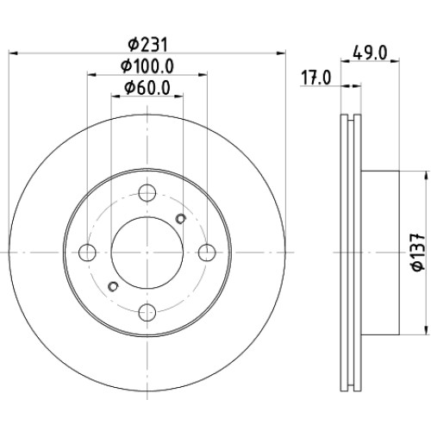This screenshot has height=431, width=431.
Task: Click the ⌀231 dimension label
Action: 147,45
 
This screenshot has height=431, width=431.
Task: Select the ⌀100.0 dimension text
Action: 147,66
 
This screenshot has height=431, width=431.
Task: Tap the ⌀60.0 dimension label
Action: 147,88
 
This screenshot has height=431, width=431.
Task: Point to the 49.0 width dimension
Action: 370,53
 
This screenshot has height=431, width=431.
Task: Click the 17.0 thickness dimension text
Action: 315,78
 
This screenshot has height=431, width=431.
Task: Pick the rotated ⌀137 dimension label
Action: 418,253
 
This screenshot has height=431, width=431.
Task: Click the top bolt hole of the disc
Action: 147,193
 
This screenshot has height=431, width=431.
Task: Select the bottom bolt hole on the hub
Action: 147,312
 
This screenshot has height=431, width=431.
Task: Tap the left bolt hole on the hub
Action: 87,253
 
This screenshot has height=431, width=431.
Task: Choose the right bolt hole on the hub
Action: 207,253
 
